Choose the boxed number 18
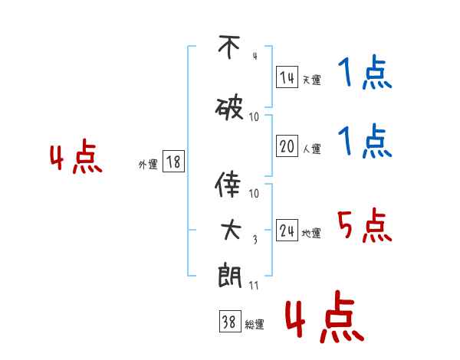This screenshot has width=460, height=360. (x=172, y=162)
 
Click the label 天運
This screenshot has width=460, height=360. (x=312, y=80)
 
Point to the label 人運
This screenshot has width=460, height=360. (x=312, y=149)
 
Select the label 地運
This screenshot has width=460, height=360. (x=312, y=234)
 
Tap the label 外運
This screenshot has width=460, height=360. (x=147, y=164)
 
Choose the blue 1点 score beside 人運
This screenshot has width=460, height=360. (x=364, y=142)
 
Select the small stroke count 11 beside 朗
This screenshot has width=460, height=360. (x=254, y=286)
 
